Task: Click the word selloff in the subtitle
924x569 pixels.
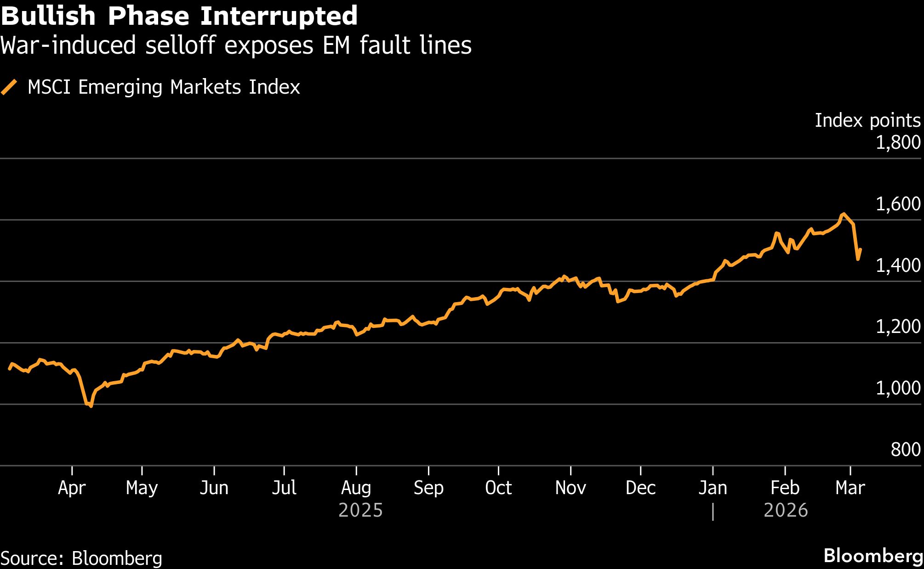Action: [x=183, y=45]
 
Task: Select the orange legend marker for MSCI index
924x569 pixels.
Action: [x=9, y=87]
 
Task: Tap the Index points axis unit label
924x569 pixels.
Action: [x=867, y=120]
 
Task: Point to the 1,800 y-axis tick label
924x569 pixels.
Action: [x=898, y=142]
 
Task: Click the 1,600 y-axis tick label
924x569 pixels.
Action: [x=898, y=204]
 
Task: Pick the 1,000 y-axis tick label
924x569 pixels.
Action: [x=898, y=389]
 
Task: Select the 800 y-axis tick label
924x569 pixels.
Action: [x=905, y=450]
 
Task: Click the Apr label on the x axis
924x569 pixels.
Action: [x=72, y=488]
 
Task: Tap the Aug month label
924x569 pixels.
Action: [x=356, y=488]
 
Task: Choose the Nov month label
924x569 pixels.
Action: [x=570, y=488]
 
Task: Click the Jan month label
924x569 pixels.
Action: [x=713, y=488]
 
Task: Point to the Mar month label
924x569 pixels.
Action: [x=850, y=488]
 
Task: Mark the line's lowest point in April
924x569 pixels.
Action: [x=91, y=406]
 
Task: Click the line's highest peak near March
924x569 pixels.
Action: [x=843, y=214]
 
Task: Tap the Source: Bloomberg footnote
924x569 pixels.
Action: [x=81, y=558]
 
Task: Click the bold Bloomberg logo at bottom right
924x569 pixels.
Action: [x=873, y=556]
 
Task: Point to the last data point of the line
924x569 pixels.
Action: [x=860, y=250]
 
